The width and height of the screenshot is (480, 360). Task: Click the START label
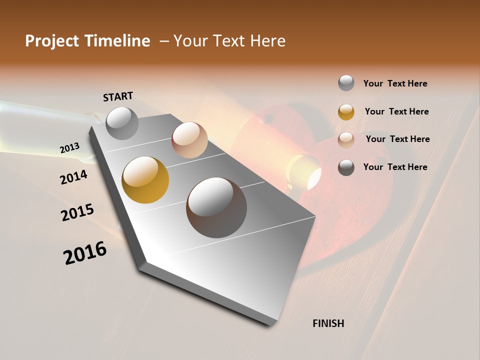coord(118,96)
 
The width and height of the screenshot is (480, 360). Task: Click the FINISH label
coord(328,323)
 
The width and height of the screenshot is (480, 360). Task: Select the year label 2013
coord(69,148)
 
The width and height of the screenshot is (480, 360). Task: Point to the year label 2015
coord(77,212)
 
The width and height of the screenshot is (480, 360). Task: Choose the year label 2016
coord(85,253)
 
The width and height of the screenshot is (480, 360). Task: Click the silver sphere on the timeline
coord(122,123)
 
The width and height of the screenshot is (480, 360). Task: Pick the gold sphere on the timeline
coord(145,180)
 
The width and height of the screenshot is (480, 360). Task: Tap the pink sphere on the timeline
coord(189,140)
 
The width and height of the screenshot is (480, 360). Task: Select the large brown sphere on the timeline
coord(216,207)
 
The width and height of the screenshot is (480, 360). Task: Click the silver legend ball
coord(346,83)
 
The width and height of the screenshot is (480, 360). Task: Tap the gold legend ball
coord(346,112)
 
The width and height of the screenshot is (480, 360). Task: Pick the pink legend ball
coord(346,139)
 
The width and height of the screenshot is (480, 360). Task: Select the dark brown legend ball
coord(346,167)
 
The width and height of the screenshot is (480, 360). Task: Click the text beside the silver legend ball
coord(395,83)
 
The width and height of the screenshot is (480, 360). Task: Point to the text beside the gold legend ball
coord(396,111)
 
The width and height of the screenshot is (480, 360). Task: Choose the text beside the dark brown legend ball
coord(395,167)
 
